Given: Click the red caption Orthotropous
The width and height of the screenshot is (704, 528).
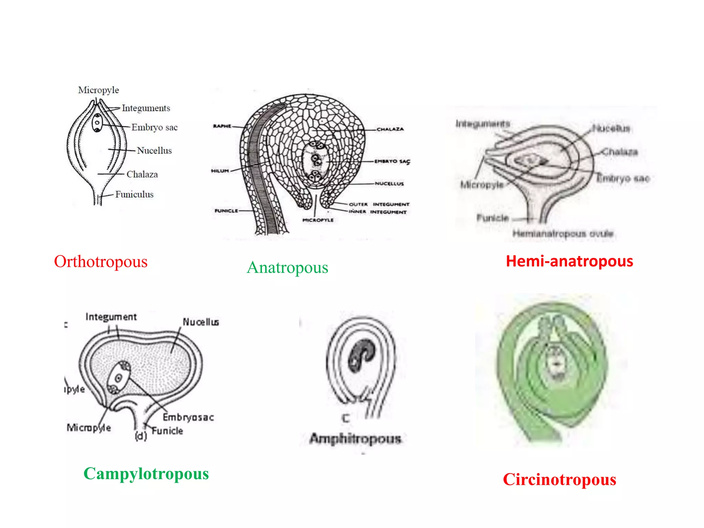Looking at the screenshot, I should (101, 262).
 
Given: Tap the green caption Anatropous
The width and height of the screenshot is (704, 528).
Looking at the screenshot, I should (287, 267).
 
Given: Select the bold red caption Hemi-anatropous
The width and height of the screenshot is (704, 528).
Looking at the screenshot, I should (569, 261).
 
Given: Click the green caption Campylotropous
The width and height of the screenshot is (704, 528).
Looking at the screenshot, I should (146, 474).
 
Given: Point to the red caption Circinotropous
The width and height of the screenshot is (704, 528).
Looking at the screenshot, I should (559, 479).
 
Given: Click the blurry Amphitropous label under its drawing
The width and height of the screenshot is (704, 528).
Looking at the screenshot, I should (355, 439).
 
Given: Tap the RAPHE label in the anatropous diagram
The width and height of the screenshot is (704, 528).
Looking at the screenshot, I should (222, 126).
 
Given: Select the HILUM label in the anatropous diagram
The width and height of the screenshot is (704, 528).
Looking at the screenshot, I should (220, 171).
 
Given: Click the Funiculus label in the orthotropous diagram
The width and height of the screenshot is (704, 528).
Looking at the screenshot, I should (134, 195).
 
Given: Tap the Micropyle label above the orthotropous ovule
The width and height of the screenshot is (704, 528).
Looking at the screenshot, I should (98, 90).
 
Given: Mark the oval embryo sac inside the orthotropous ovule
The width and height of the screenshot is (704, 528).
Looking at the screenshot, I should (97, 123).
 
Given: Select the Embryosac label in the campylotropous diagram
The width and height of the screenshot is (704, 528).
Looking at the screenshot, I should (188, 417).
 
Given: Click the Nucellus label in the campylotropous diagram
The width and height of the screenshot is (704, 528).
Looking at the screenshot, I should (201, 322).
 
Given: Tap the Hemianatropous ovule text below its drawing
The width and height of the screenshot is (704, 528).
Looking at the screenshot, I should (563, 234).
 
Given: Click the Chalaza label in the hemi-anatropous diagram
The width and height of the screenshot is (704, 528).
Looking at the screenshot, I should (620, 152).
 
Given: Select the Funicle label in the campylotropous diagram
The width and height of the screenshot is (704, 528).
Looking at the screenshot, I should (167, 431).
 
